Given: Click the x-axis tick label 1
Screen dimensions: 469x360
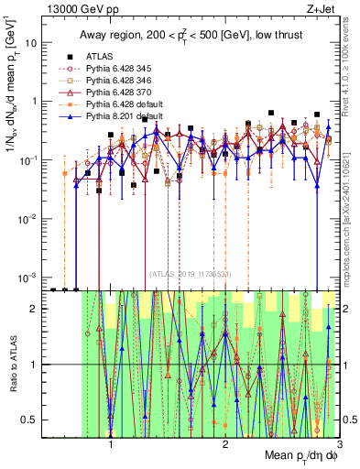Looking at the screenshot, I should click(x=111, y=449).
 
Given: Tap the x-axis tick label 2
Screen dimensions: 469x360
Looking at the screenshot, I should click(x=225, y=449).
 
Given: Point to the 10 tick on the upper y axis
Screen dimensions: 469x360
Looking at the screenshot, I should click(x=35, y=43).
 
